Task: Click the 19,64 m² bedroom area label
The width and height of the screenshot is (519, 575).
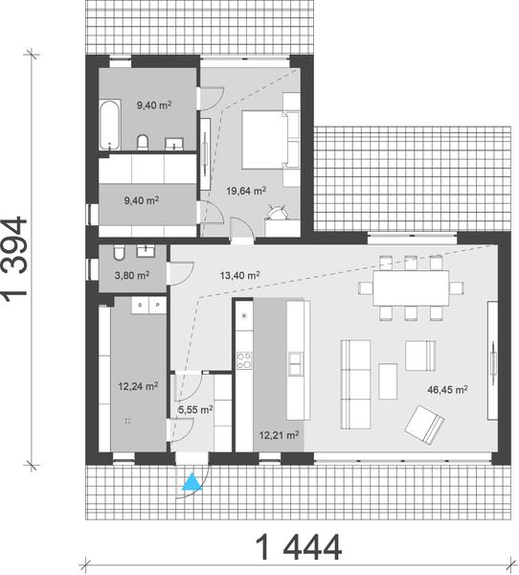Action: pos(246,189)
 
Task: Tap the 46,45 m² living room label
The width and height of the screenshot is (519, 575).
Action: pos(446,389)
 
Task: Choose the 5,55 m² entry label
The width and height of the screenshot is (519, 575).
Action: pos(195,409)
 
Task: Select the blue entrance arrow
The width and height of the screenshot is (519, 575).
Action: pos(192,481)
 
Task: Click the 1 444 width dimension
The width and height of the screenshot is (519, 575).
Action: pos(297,550)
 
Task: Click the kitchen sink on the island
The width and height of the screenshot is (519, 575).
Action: pos(294,361)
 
